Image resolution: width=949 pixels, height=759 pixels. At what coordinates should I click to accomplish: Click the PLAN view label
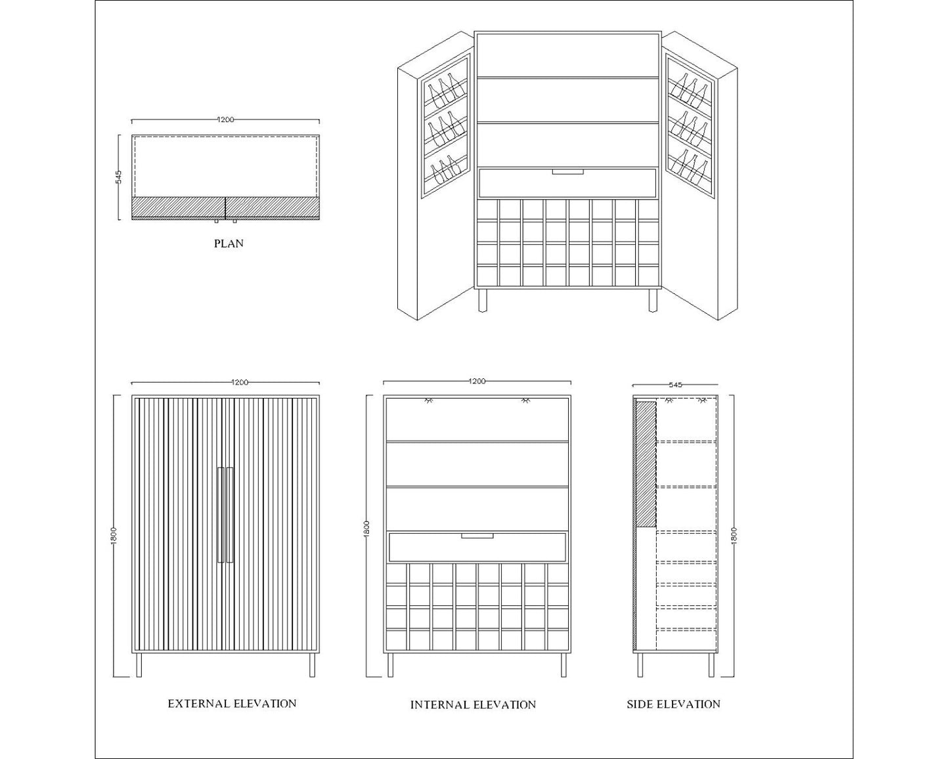tap(229, 244)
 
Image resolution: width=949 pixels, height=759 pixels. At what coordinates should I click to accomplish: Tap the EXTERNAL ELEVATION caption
tap(232, 703)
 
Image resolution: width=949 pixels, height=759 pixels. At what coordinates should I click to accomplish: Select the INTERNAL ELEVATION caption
tap(473, 705)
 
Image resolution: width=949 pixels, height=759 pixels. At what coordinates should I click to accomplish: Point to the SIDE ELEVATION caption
tap(673, 704)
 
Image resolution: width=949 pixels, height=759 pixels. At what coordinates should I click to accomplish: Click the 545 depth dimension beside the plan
tap(118, 177)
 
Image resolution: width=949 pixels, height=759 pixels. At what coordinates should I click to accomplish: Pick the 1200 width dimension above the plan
tap(225, 119)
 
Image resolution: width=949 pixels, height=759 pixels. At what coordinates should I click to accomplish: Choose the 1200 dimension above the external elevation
tap(240, 382)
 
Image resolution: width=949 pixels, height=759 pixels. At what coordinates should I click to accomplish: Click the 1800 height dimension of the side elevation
tap(734, 535)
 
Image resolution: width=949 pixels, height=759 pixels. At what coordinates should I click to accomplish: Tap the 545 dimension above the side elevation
tap(676, 385)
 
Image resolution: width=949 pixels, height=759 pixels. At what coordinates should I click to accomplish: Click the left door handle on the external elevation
tap(221, 514)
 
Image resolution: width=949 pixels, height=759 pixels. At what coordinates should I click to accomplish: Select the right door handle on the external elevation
tap(230, 514)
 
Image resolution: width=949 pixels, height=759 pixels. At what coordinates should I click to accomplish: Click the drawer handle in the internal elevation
tap(477, 535)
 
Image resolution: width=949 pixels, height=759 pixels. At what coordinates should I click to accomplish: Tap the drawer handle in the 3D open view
tap(568, 171)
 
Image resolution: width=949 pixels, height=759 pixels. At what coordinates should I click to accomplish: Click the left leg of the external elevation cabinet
tap(139, 665)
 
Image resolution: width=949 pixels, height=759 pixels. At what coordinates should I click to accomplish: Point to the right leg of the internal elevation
tap(563, 665)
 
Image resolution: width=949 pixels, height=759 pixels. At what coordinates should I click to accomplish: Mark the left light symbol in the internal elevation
tap(429, 401)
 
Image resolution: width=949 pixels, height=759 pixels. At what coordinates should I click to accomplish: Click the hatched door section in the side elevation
tap(646, 464)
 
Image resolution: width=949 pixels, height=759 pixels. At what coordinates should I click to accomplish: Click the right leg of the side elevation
tap(711, 665)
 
